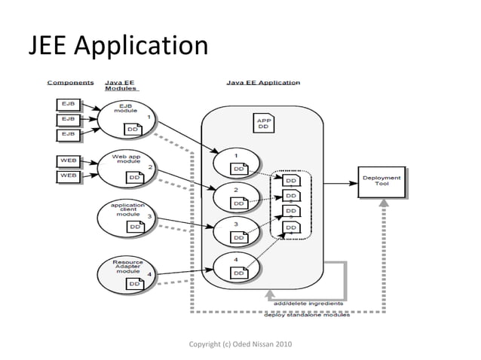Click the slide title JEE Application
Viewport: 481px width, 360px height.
coord(118,47)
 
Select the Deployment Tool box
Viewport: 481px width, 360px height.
coord(381,182)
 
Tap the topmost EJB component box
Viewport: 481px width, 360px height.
coord(68,104)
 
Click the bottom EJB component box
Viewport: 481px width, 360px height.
coord(68,134)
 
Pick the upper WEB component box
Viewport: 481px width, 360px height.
coord(68,161)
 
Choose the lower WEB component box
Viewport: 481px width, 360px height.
coord(68,176)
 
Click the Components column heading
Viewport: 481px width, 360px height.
coord(70,83)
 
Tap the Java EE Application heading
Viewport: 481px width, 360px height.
coord(263,83)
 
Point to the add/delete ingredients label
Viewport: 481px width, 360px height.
coord(308,304)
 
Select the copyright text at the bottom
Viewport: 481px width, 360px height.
coord(240,344)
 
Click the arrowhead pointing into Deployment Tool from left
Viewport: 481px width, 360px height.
coord(354,182)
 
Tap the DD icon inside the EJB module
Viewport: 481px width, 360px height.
coord(132,129)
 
